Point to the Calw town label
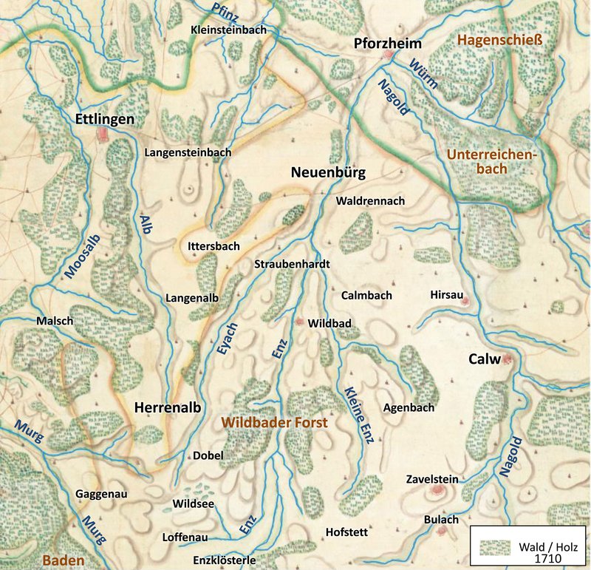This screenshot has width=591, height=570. tap(484, 360)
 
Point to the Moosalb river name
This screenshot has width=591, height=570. tap(81, 253)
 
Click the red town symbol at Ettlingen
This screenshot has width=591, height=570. tap(103, 134)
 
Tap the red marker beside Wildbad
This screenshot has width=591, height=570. tap(299, 322)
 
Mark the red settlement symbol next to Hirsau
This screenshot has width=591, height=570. tap(465, 301)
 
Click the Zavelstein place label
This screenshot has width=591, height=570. tap(432, 479)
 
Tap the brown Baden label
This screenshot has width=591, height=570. tap(63, 560)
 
